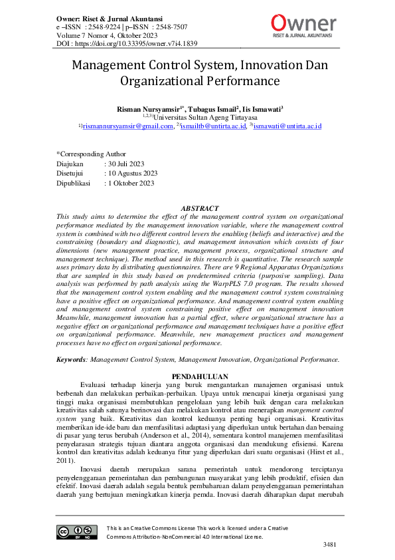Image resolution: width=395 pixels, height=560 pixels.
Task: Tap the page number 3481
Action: (331, 545)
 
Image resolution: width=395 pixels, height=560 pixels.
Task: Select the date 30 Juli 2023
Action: (128, 163)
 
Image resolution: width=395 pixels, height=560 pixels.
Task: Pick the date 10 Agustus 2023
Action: (133, 173)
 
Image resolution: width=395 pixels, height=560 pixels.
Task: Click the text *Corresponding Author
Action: (91, 153)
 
